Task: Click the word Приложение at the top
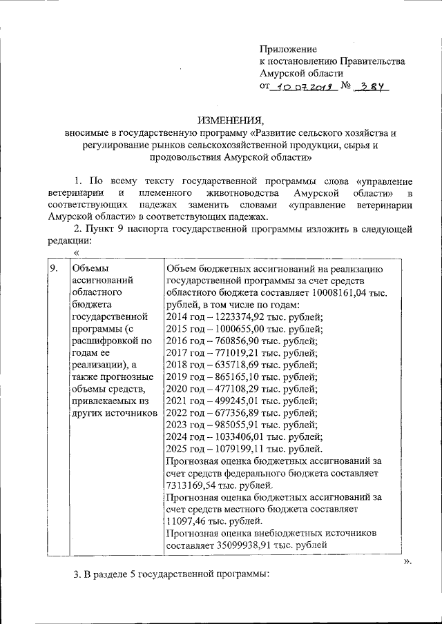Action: tap(288, 50)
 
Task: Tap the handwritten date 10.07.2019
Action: tap(301, 87)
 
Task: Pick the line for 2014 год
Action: tap(244, 317)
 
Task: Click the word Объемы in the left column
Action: tap(90, 268)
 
